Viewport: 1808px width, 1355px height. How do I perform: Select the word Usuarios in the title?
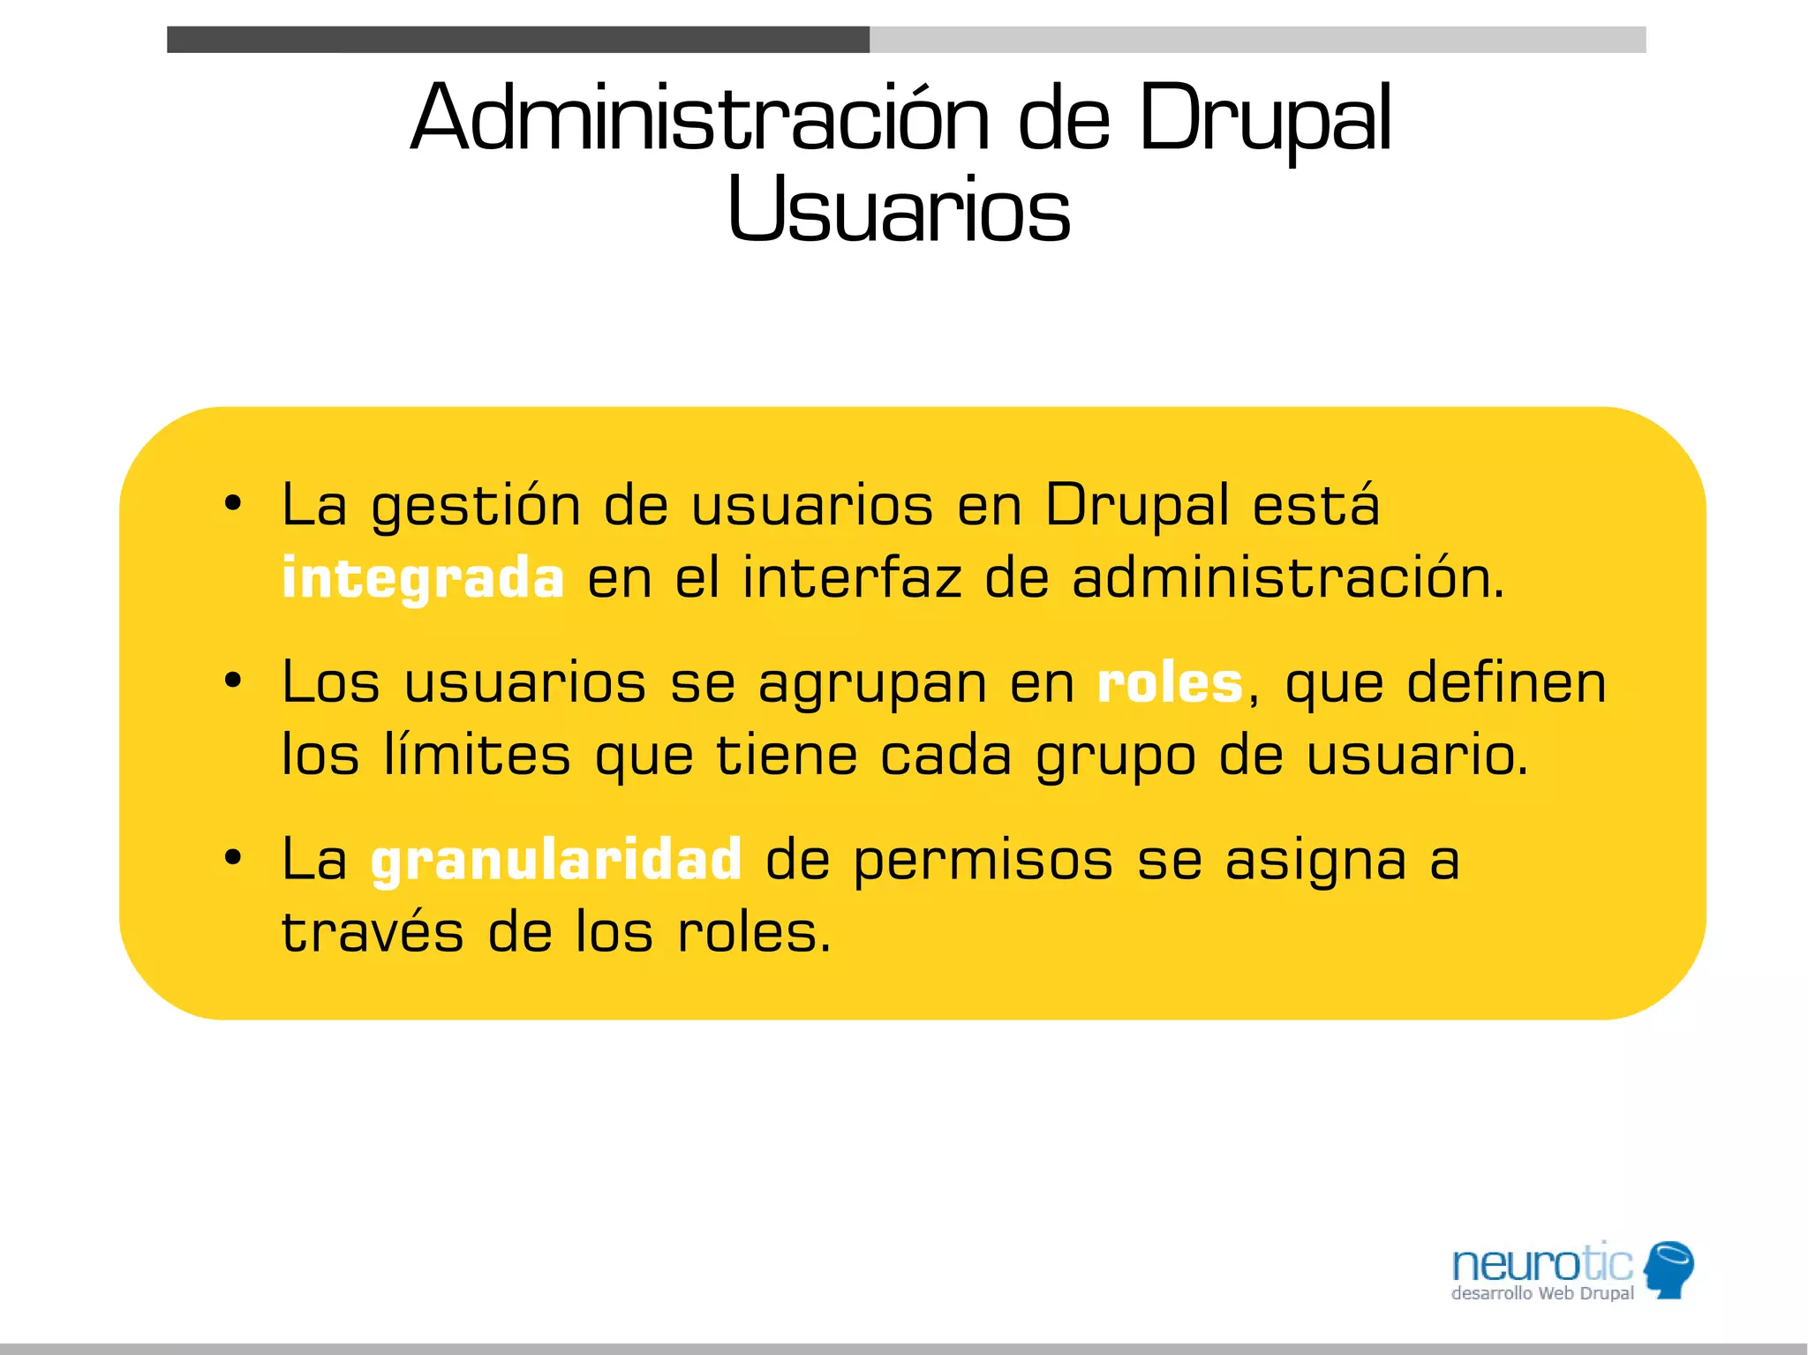[899, 210]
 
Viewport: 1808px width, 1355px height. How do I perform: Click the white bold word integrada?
[423, 579]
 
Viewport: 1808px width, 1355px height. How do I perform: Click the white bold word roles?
[1170, 683]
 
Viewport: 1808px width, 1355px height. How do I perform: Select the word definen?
[1506, 683]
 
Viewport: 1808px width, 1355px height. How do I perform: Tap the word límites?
[477, 756]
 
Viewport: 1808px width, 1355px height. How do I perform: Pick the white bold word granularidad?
[556, 860]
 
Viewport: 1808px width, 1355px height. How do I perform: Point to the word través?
[372, 932]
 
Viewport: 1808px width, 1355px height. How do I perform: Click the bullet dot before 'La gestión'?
[232, 504]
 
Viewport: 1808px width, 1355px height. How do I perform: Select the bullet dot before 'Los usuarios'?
[232, 681]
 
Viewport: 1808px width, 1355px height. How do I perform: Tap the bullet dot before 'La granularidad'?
[232, 857]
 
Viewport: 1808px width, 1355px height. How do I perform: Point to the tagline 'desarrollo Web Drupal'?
[1542, 1294]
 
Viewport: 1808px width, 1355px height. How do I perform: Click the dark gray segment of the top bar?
[517, 40]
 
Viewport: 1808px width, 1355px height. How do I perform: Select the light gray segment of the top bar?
[1257, 40]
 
